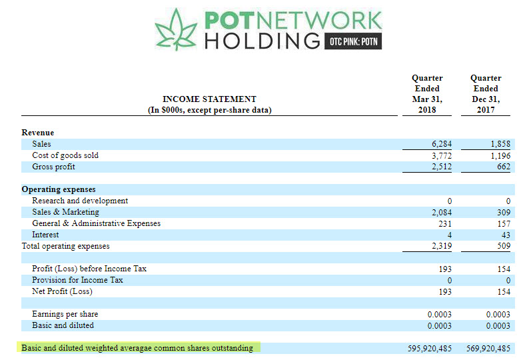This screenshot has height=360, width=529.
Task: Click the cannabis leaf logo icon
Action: point(177,30)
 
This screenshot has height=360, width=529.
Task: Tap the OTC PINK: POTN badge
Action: point(354,41)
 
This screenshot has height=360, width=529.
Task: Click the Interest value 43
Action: point(506,235)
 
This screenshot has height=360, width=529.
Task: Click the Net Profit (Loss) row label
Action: point(62,291)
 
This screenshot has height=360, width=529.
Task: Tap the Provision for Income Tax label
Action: point(77,280)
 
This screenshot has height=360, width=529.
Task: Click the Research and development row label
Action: point(80,201)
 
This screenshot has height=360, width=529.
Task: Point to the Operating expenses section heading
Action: point(59,189)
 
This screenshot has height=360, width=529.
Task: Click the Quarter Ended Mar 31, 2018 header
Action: point(427,94)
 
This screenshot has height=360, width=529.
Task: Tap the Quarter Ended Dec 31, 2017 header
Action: point(486,94)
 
